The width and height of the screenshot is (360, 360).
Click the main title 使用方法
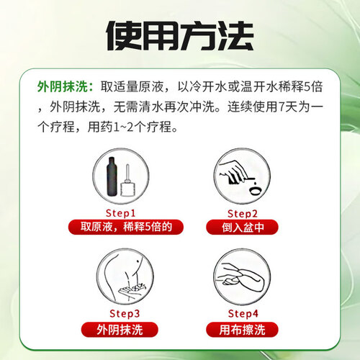coord(180,35)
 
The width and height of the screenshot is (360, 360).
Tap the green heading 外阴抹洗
coord(63,86)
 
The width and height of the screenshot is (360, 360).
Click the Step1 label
coord(120,213)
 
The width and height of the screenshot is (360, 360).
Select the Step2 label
coord(243,213)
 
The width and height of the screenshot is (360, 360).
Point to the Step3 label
coord(125,313)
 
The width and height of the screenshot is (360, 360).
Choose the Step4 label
coord(243,313)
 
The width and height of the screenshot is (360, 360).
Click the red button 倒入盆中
coord(242,227)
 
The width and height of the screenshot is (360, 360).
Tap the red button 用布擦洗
coord(242,330)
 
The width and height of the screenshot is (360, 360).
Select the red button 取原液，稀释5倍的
coord(126,227)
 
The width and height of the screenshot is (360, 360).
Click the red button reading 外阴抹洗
coord(120,330)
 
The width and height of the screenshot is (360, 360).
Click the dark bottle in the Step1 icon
coord(112,176)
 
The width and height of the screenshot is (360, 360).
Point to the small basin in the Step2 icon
coord(254,191)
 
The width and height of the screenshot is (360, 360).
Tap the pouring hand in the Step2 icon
coord(233,171)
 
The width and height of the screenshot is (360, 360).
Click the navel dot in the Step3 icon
coord(138,261)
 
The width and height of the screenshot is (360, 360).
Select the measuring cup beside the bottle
coord(127,181)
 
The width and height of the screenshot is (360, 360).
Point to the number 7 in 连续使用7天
coord(282,107)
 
